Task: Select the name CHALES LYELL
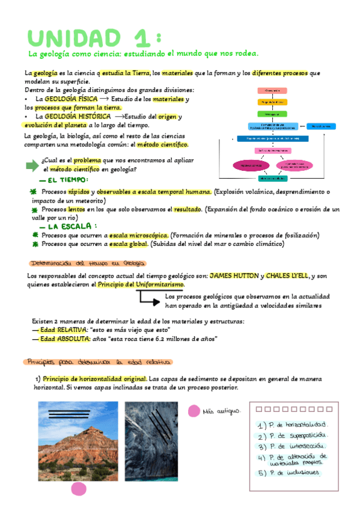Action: pyautogui.click(x=286, y=275)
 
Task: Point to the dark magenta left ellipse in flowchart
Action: pyautogui.click(x=247, y=165)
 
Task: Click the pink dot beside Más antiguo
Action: pyautogui.click(x=194, y=411)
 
